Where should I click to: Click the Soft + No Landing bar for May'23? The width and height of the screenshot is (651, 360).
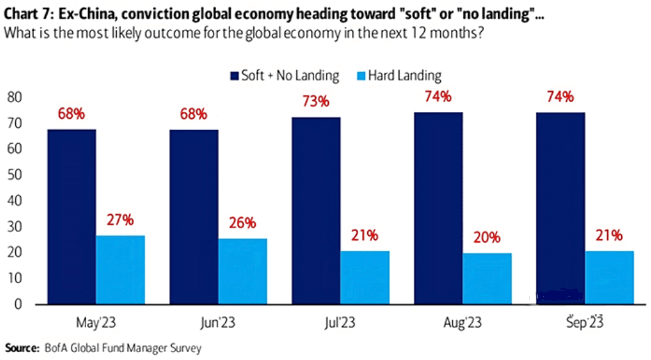pos(71,217)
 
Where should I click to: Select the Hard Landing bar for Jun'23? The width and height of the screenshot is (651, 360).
pos(243,271)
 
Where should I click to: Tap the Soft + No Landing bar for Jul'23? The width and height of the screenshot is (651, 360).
pos(316,211)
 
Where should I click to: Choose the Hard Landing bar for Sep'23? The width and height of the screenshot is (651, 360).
pos(609,278)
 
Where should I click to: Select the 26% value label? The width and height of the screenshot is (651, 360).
pos(242,223)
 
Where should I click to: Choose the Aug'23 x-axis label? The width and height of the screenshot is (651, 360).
pos(463,324)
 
